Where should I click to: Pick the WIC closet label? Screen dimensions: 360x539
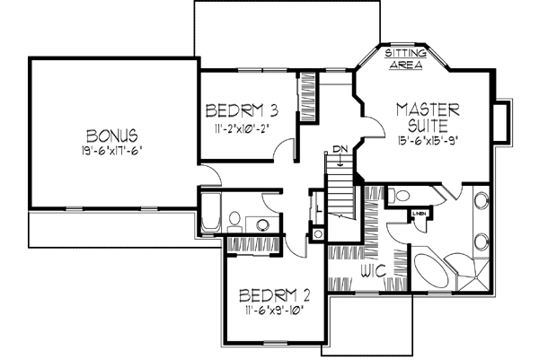coord(373,269)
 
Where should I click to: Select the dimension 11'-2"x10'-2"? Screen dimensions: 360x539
coord(241,128)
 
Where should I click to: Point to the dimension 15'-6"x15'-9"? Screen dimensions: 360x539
coord(429,140)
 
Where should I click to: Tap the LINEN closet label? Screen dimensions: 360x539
coord(420,213)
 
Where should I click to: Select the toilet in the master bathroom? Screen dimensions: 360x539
coord(398,195)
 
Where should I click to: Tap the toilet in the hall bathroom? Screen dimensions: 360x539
coord(234,219)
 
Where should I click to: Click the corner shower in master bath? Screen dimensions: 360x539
coord(477,274)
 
